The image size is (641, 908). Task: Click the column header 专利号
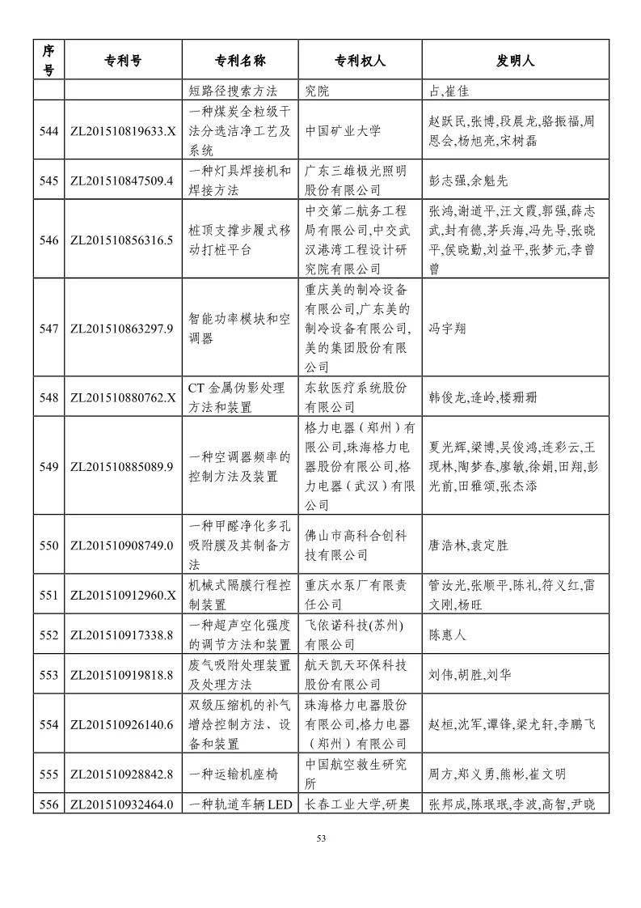coord(123,60)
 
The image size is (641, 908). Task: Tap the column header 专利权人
coord(360,60)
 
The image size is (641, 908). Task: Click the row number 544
coord(48,130)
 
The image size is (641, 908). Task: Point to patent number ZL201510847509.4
coord(123,180)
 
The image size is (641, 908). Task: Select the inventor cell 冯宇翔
coord(446,329)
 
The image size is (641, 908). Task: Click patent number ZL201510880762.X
coord(123,397)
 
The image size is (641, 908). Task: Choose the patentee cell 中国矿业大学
coord(343,130)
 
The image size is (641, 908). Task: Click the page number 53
coord(321,838)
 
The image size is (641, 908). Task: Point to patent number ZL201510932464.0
coord(123,804)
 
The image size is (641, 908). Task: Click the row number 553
coord(48,674)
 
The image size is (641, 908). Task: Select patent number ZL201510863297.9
coord(123,329)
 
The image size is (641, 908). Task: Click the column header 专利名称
coord(240,60)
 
